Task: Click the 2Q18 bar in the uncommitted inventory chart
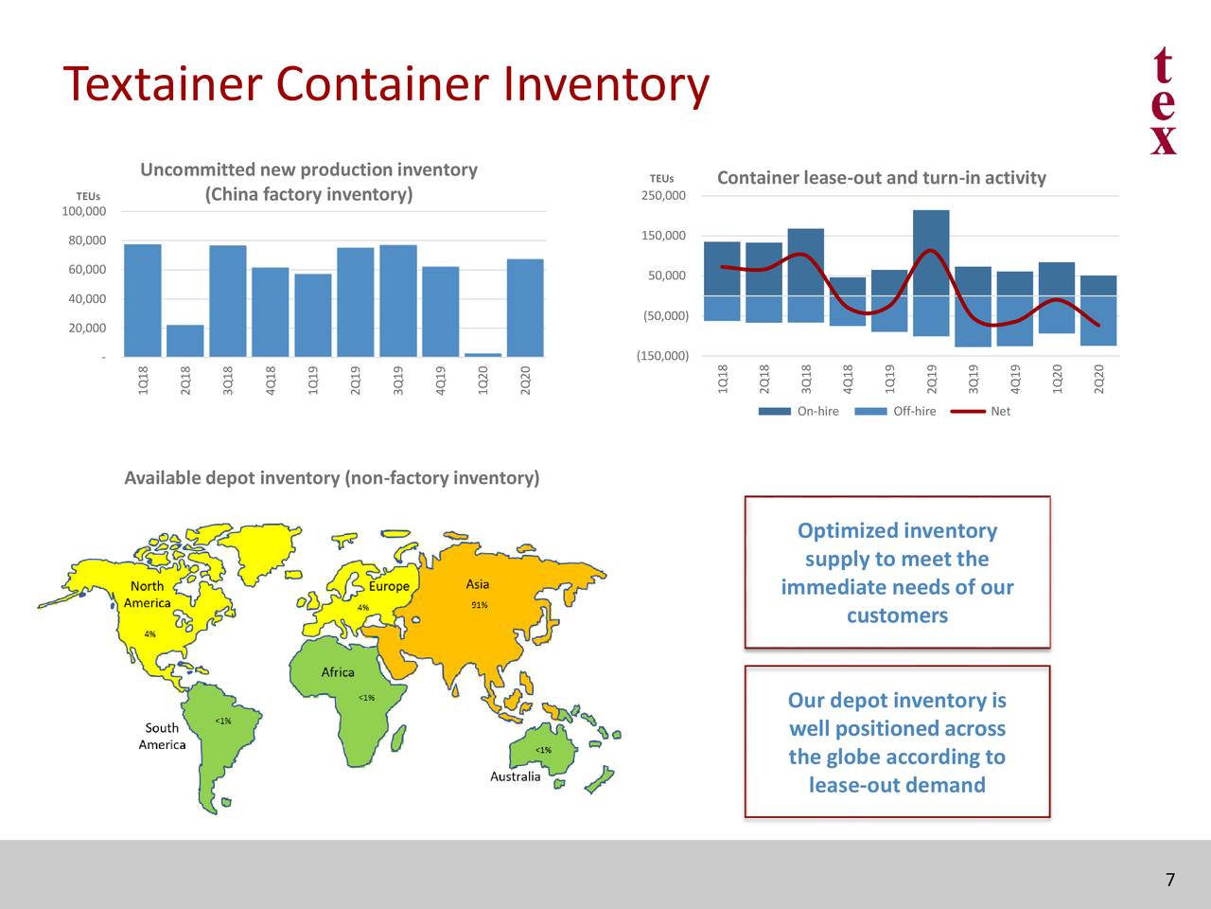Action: [185, 341]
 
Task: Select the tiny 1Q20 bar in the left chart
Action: [483, 355]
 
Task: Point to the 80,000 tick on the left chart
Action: [84, 241]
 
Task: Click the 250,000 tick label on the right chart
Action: [663, 196]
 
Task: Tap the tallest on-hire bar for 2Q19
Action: [931, 252]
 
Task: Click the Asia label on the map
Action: [478, 584]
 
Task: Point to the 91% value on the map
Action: [480, 605]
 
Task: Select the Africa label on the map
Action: [338, 672]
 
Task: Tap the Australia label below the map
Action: [516, 776]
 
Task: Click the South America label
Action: [162, 736]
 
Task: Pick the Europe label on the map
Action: [389, 586]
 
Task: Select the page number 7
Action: [1170, 881]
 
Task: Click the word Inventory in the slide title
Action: [605, 84]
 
